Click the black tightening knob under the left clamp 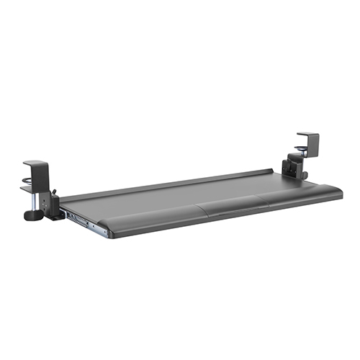(32, 214)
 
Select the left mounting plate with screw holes (50, 204)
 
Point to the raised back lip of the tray (166, 184)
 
